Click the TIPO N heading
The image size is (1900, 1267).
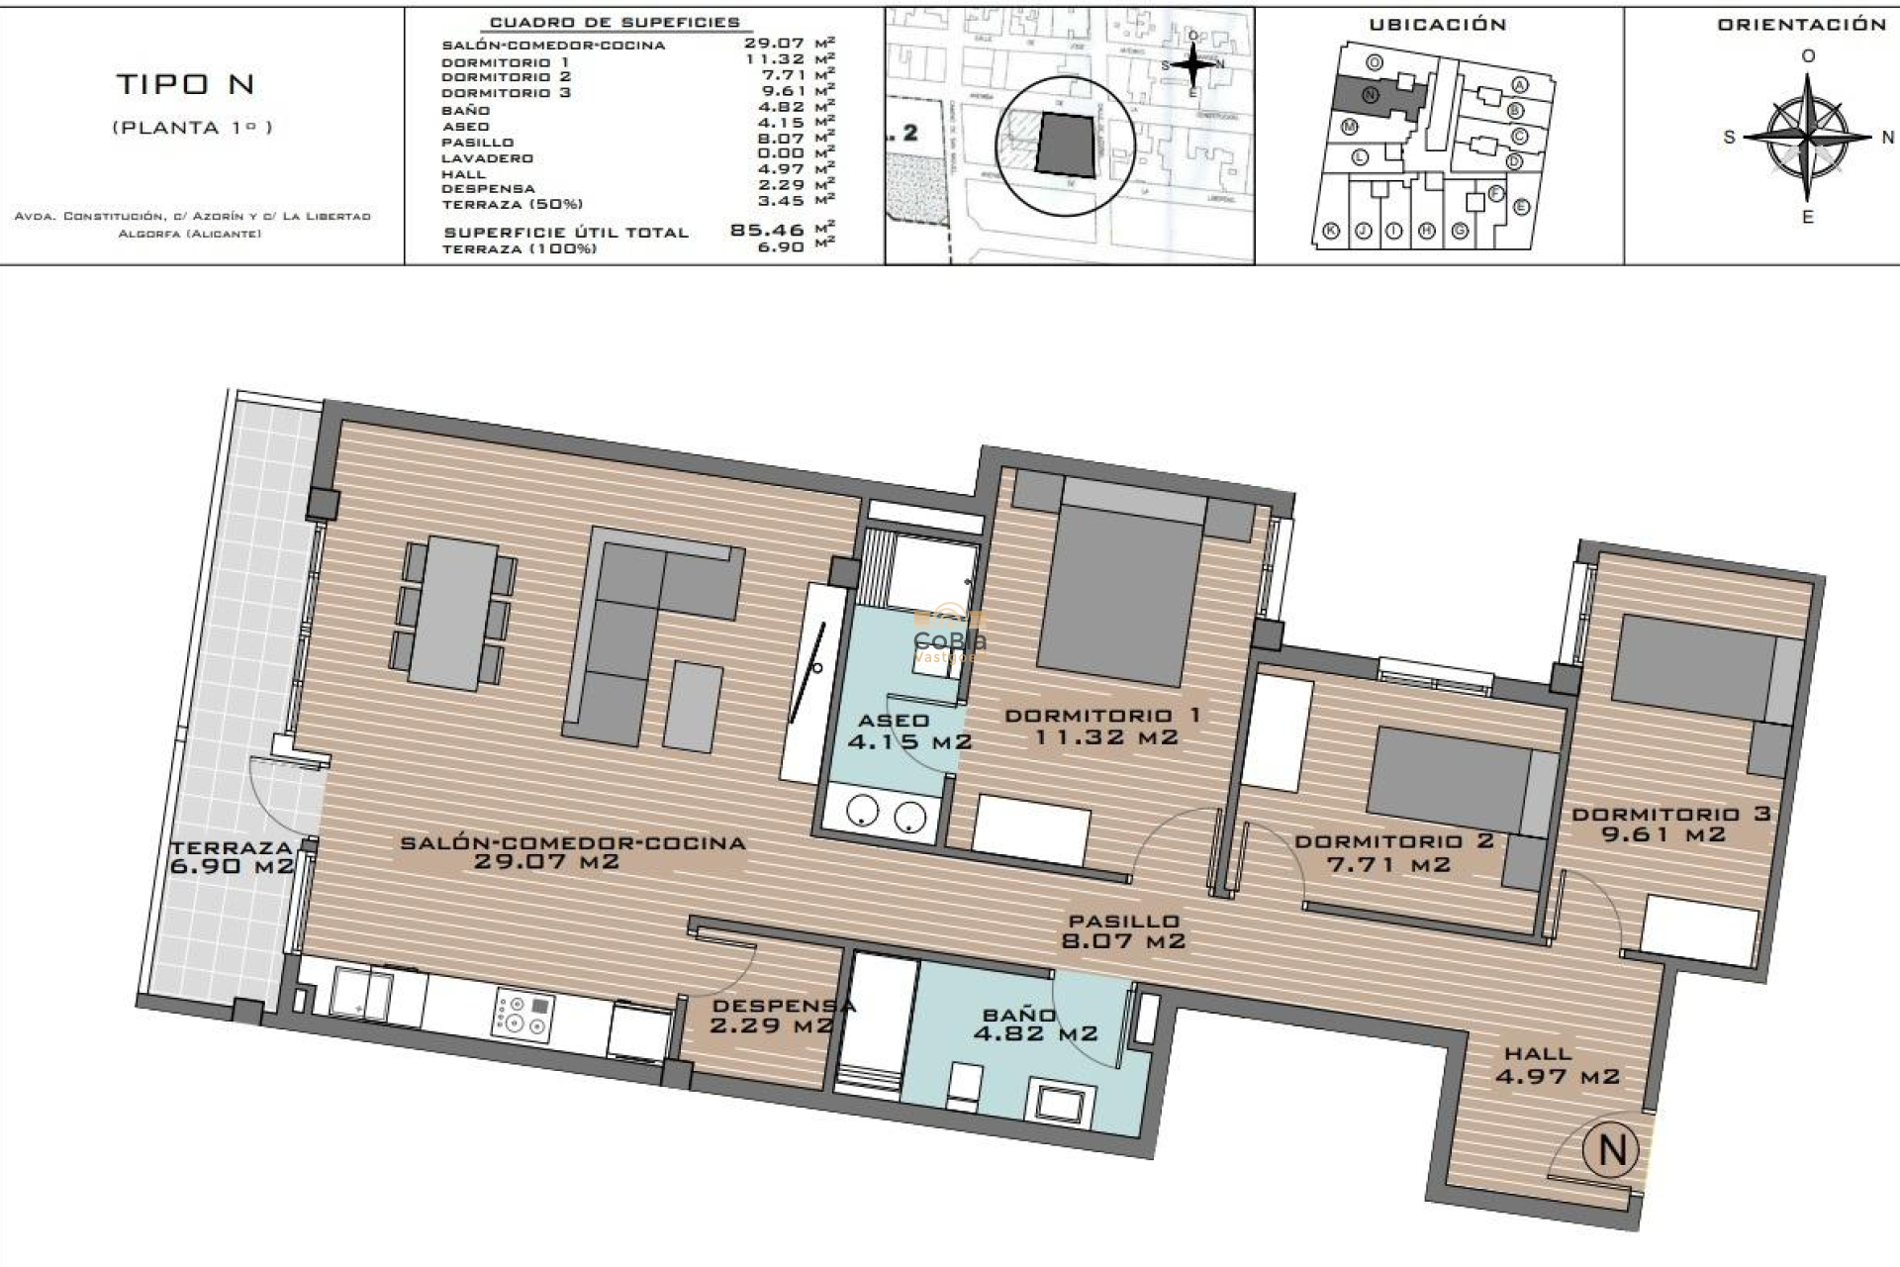pos(186,85)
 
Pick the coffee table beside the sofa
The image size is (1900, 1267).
pos(694,706)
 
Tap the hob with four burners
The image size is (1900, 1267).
pos(523,1017)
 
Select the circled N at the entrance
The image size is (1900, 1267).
pos(1611,1150)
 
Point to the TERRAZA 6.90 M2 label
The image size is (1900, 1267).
pos(233,857)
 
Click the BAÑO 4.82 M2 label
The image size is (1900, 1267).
pos(1035,1024)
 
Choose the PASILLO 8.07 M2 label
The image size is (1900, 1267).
pos(1123,931)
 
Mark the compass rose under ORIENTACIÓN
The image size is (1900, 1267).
pos(1808,137)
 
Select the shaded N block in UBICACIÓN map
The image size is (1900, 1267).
pos(1374,97)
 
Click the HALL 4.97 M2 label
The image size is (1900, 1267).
pos(1557,1065)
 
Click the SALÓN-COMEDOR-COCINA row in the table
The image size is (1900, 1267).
pos(554,45)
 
